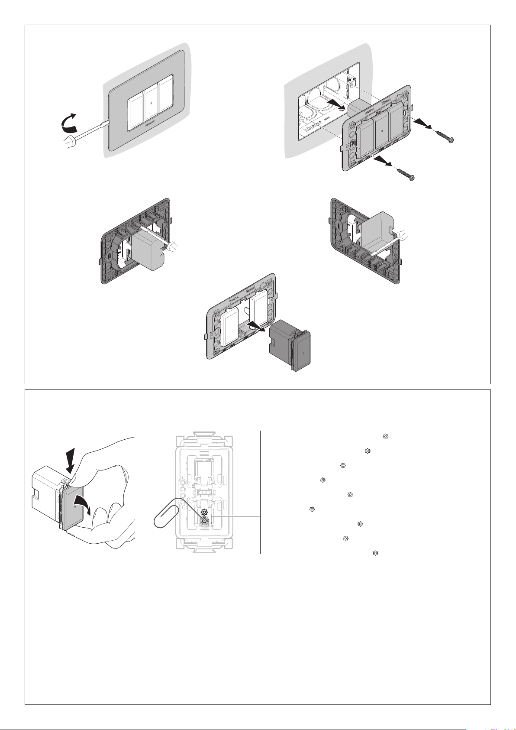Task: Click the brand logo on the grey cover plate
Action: click(x=150, y=128)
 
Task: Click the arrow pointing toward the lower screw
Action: click(x=384, y=162)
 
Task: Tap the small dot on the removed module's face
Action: click(x=304, y=352)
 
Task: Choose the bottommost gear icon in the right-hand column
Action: click(x=375, y=553)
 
